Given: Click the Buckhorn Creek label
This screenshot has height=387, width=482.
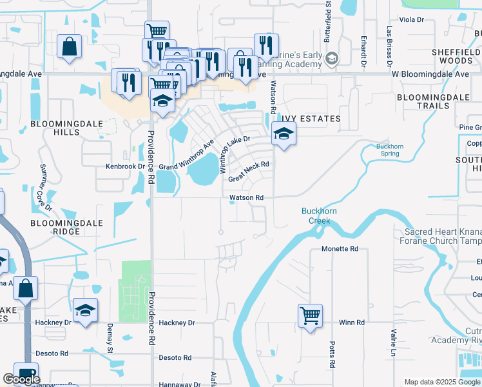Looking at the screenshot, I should (x=316, y=215).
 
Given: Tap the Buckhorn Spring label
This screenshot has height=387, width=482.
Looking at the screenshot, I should (x=390, y=150).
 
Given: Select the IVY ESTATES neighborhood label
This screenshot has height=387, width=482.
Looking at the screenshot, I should (x=311, y=119).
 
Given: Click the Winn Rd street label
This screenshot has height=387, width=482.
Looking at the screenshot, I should (x=352, y=322).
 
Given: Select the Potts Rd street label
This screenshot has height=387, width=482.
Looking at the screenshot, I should (x=332, y=355).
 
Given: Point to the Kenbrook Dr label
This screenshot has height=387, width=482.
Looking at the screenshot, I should (x=125, y=166).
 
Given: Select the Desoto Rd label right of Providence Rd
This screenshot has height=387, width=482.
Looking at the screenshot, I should (x=175, y=357).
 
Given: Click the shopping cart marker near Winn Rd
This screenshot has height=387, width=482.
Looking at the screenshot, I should (x=310, y=316).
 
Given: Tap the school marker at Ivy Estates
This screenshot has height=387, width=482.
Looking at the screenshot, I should (x=282, y=134).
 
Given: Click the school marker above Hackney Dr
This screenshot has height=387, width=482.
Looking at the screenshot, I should (x=85, y=310).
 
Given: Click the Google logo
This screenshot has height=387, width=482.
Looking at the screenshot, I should (x=21, y=379).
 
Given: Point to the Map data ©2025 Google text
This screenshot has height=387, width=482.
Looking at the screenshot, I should (x=441, y=382).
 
